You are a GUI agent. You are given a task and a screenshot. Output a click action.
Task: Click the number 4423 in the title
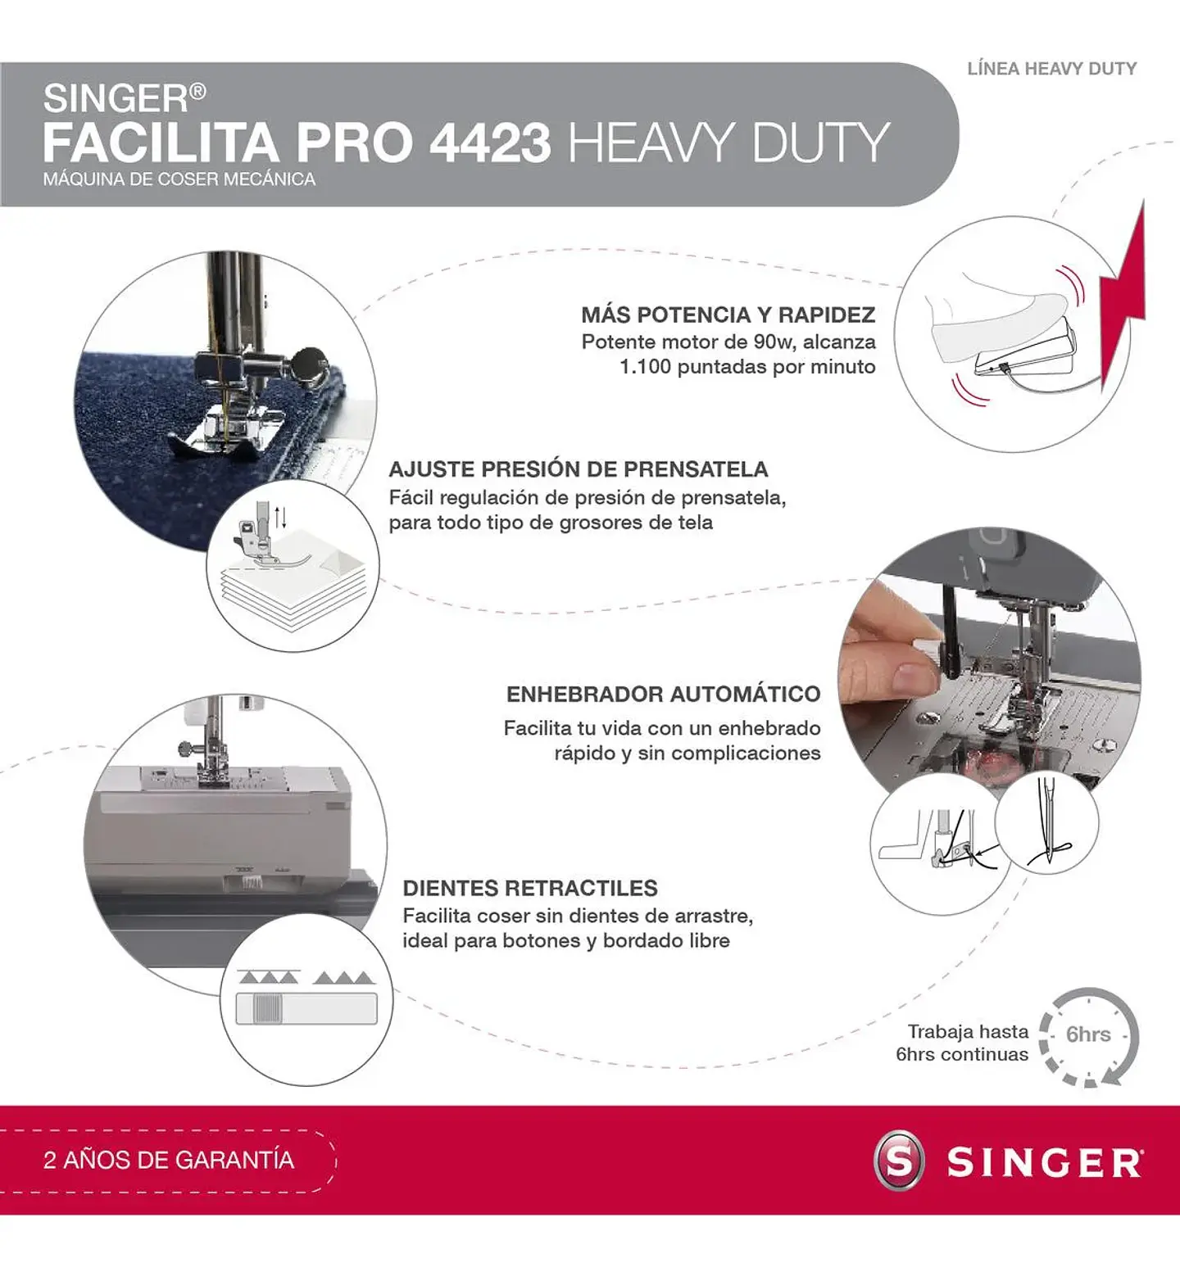coord(490,143)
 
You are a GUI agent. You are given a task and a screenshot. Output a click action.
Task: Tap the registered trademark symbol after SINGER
coord(197,92)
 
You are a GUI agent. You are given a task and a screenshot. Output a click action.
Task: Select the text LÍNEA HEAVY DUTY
coord(1051,69)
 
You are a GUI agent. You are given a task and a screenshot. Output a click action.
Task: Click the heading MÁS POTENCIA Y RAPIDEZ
coord(728,315)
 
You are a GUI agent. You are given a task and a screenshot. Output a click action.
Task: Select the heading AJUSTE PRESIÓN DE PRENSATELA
coord(578,469)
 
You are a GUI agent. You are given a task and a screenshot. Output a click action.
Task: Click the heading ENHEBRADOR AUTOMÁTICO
coord(663,695)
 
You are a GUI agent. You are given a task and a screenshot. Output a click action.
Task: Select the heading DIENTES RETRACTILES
coord(530,889)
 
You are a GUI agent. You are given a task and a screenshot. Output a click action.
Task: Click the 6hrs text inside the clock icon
coord(1088,1034)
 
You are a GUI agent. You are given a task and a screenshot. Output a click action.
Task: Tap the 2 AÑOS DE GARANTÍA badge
coord(168,1160)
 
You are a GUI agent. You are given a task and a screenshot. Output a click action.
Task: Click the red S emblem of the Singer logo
coord(899,1161)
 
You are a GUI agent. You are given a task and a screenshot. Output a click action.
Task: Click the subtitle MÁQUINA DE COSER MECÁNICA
coord(179,179)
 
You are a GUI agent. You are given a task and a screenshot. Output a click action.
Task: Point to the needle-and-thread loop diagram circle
coord(1047,823)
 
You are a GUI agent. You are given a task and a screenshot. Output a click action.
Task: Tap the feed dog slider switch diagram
coord(306,1008)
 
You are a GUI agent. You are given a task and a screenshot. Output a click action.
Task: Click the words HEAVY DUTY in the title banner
coord(728,143)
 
